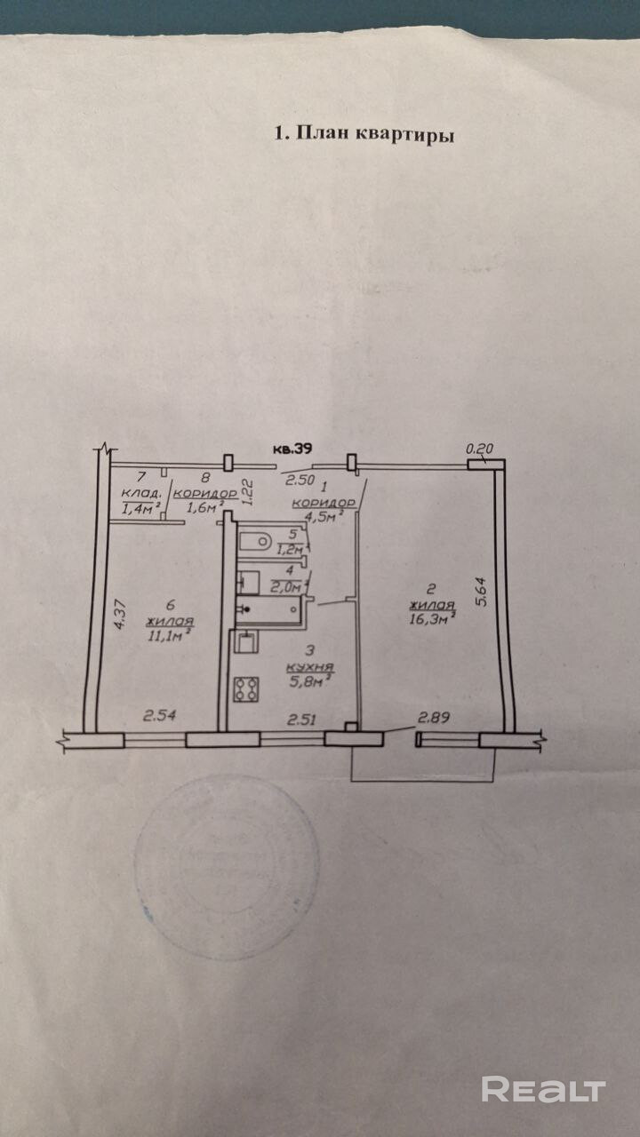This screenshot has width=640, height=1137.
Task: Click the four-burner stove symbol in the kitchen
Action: point(245,688)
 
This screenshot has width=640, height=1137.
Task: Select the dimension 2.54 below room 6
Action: point(158,712)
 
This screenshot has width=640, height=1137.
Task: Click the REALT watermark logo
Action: point(543,1089)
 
